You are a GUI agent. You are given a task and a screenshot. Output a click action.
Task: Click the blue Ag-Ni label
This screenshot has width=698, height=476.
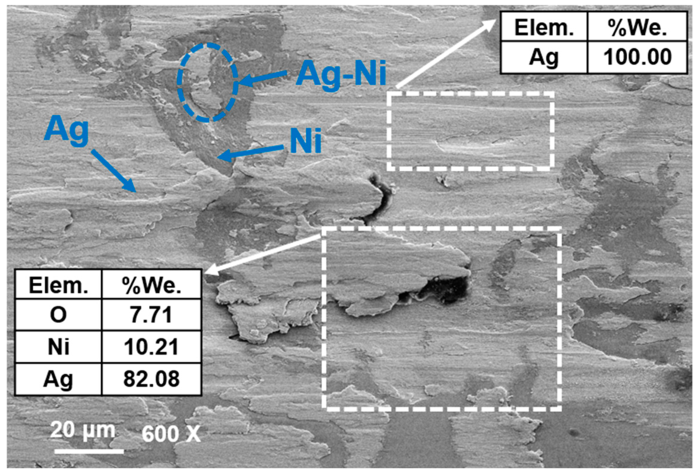(x=341, y=73)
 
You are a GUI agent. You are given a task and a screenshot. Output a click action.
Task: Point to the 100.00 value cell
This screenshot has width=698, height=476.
(x=637, y=57)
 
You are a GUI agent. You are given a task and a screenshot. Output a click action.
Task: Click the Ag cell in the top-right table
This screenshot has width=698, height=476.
(x=544, y=57)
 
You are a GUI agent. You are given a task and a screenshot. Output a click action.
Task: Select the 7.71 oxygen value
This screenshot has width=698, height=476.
(x=151, y=315)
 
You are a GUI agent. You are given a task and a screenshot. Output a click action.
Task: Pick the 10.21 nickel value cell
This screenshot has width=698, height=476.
(x=151, y=347)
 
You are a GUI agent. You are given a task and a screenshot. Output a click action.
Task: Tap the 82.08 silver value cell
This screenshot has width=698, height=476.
(x=151, y=379)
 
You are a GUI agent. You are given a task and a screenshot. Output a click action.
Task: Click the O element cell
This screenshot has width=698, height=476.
(x=58, y=315)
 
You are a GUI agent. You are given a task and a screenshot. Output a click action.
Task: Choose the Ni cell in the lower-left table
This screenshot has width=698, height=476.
(x=58, y=347)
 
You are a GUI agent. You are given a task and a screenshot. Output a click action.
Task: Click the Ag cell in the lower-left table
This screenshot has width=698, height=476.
(x=58, y=379)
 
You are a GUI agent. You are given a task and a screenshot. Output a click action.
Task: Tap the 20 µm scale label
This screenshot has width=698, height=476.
(x=83, y=430)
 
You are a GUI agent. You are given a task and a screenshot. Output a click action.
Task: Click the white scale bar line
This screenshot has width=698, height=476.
(x=89, y=451)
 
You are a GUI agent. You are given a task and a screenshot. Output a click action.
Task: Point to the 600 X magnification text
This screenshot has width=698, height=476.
(x=171, y=434)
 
